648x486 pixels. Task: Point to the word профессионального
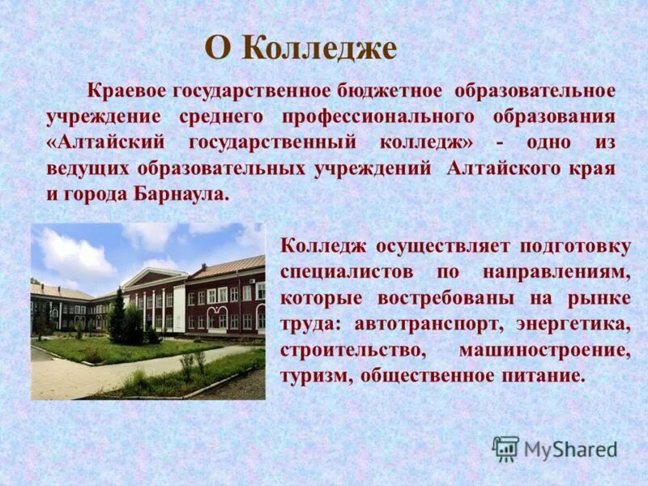(x=379, y=116)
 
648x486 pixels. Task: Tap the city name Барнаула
(x=187, y=195)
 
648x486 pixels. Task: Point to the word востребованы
(x=446, y=297)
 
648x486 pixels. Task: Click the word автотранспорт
(x=422, y=323)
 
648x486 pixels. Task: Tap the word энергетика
(x=579, y=323)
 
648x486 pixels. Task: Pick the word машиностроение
(x=544, y=350)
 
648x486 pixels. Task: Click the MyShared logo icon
(x=505, y=449)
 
